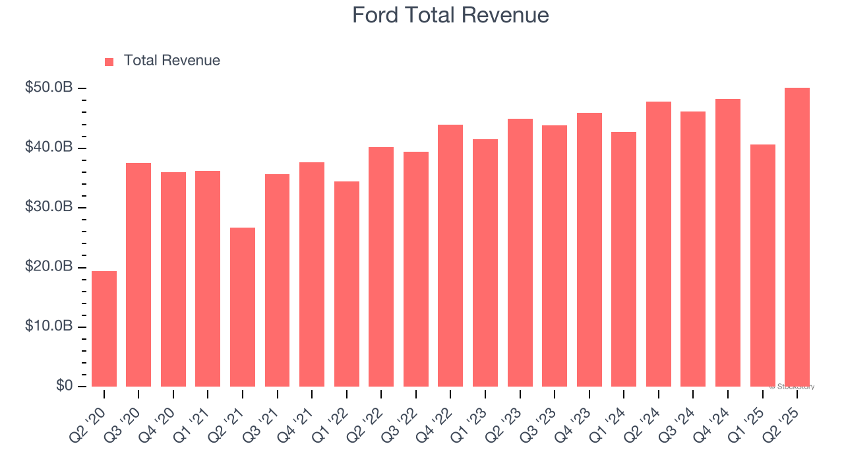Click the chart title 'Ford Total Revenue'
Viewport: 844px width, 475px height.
click(450, 15)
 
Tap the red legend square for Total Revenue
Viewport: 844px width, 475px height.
click(109, 61)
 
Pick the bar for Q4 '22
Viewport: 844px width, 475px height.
click(450, 255)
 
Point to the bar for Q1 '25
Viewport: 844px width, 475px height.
click(762, 265)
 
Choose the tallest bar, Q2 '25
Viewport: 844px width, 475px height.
click(797, 237)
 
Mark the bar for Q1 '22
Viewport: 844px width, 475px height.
click(347, 284)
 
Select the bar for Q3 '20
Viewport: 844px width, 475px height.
click(138, 274)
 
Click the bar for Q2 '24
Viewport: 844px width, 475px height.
click(659, 244)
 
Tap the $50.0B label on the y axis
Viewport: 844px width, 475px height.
click(49, 88)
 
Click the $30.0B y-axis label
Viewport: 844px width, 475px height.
click(49, 207)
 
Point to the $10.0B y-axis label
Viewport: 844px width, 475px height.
click(49, 327)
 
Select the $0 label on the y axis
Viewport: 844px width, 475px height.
click(64, 386)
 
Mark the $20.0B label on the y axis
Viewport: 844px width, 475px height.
click(49, 267)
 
